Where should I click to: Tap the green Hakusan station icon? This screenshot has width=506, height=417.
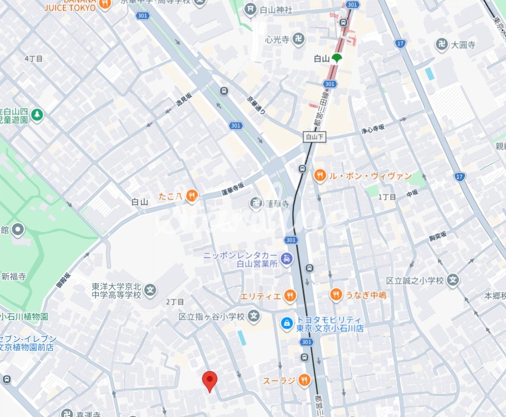(336, 59)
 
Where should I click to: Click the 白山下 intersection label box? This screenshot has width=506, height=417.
(316, 137)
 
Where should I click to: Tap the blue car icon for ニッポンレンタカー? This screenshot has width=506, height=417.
(287, 258)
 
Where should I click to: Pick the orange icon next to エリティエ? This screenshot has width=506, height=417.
(289, 295)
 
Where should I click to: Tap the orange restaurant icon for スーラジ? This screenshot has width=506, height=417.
(304, 380)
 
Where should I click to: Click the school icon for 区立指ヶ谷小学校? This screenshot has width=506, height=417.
(254, 317)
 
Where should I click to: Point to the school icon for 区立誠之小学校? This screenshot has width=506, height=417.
(453, 280)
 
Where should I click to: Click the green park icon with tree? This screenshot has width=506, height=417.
(37, 114)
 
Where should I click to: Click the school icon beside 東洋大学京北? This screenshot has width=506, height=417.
(151, 290)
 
